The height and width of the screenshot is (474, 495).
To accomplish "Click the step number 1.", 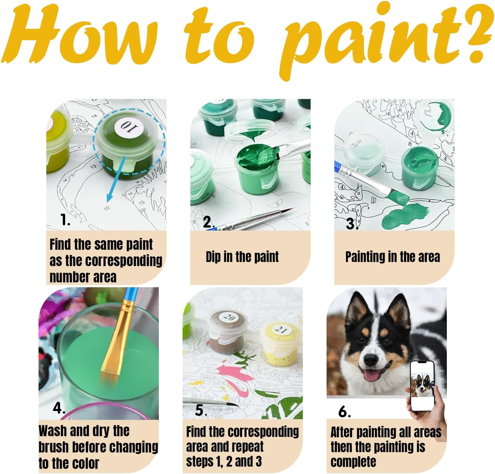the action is (x=65, y=219).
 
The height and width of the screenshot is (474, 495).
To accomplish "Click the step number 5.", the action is (x=201, y=410).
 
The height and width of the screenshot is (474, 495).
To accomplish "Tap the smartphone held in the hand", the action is (x=422, y=386).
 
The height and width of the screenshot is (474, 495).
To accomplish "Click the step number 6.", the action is (x=344, y=411).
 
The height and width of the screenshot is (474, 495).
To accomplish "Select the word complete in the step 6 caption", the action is (x=353, y=462).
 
